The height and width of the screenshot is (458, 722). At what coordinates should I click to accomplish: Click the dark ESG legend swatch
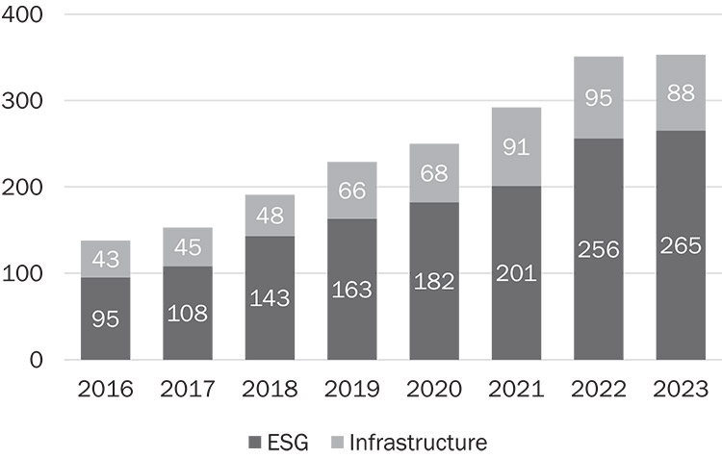tap(255, 443)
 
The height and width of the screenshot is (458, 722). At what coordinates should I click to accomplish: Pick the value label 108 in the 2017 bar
tap(190, 315)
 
